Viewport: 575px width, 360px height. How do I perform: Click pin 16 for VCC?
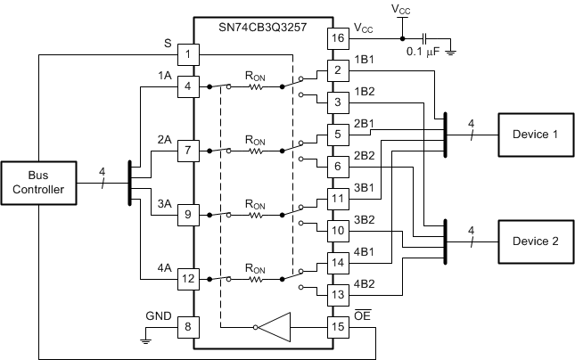[x=337, y=38]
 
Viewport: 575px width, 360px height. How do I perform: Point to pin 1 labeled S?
[x=187, y=55]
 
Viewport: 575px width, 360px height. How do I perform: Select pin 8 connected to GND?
[x=187, y=326]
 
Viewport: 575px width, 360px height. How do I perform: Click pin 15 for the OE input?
[x=337, y=326]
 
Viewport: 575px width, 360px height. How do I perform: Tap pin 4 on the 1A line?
[x=187, y=86]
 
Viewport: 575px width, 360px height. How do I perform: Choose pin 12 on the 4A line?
[x=187, y=279]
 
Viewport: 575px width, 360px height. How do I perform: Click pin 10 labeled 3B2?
[x=337, y=231]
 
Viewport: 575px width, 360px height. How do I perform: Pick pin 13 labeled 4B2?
[x=337, y=294]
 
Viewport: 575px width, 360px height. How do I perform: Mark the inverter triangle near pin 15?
[x=276, y=326]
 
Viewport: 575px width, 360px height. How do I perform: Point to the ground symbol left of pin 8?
[x=146, y=338]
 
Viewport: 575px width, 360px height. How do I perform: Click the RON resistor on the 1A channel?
[x=256, y=86]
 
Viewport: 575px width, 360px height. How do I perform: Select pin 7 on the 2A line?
[x=187, y=150]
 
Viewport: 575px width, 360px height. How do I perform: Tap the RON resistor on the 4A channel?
[x=256, y=279]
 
